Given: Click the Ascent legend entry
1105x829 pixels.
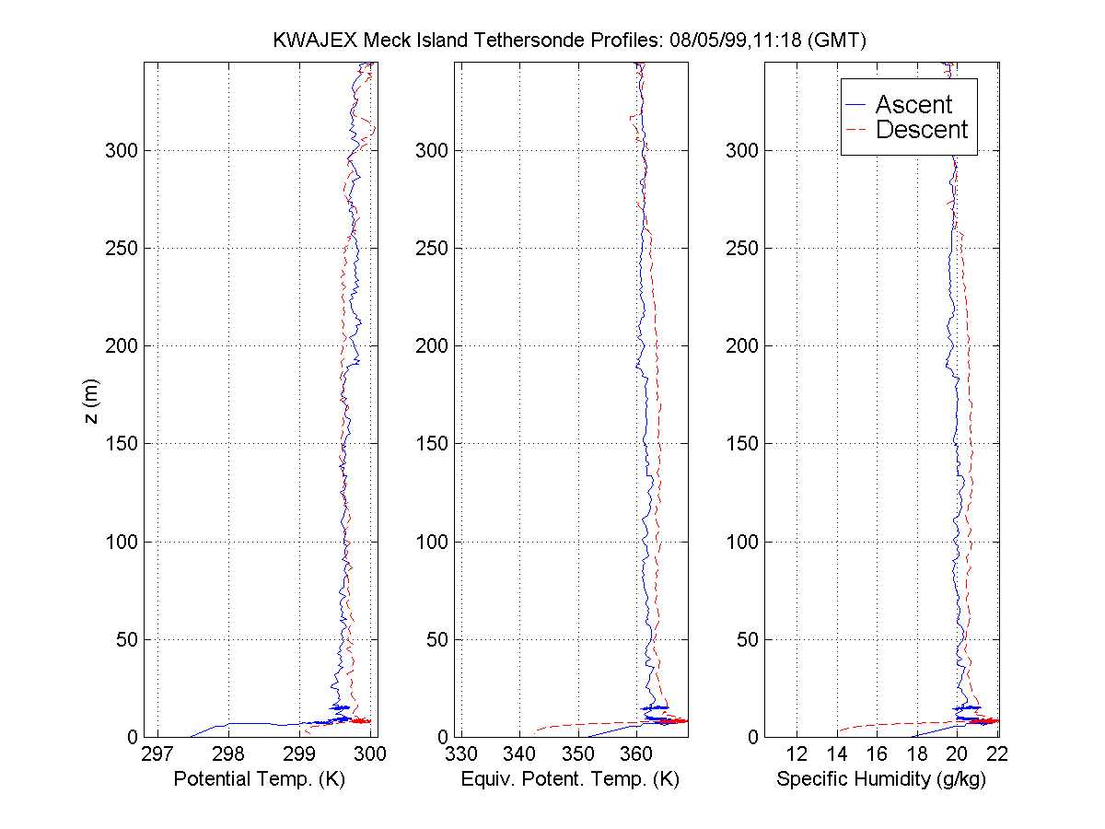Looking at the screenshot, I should (913, 104).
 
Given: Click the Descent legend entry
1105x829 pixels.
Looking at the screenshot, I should (922, 130).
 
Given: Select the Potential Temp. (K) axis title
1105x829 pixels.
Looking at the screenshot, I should (259, 779).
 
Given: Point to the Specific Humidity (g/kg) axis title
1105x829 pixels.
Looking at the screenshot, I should (881, 779).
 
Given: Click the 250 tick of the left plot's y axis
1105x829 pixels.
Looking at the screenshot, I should (121, 248).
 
